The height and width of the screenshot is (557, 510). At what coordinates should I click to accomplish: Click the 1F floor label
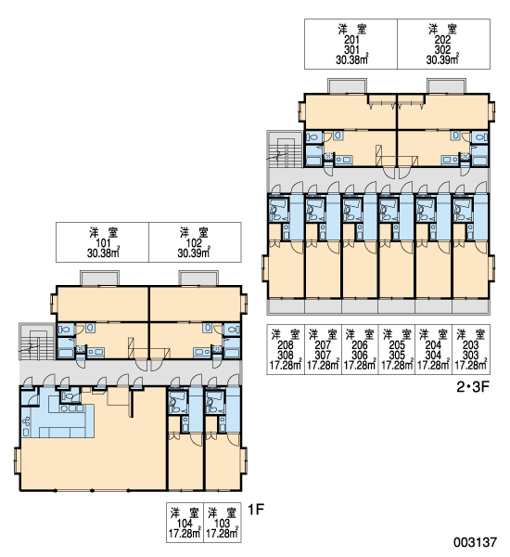(256, 510)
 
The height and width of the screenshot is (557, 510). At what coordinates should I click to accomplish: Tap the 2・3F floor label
(473, 387)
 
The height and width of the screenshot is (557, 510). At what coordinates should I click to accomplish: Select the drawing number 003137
(475, 542)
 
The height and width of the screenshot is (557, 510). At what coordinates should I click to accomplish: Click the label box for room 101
(102, 242)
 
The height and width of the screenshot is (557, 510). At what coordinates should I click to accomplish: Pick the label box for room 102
(195, 242)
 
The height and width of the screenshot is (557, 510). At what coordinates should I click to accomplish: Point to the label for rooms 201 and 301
(351, 44)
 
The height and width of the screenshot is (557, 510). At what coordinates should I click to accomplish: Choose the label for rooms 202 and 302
(443, 44)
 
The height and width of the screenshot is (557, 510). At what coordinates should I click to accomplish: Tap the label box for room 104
(185, 523)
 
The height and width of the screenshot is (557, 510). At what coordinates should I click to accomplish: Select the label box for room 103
(223, 523)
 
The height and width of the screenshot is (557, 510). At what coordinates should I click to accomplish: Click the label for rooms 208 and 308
(286, 349)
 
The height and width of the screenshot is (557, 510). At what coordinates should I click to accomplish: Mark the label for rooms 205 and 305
(397, 349)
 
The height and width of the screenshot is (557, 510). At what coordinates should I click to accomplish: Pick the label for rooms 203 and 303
(471, 349)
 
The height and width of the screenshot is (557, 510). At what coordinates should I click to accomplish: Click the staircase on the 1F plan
(37, 341)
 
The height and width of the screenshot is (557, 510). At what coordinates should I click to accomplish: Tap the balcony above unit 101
(99, 278)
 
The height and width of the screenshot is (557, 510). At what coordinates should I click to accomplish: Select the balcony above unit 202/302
(446, 86)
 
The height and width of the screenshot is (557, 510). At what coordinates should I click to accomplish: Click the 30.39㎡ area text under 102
(194, 253)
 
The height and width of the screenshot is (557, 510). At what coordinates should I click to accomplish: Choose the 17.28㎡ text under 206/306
(360, 365)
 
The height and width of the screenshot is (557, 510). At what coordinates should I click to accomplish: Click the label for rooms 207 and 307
(323, 349)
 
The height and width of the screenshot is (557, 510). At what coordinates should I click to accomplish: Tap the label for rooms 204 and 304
(434, 349)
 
